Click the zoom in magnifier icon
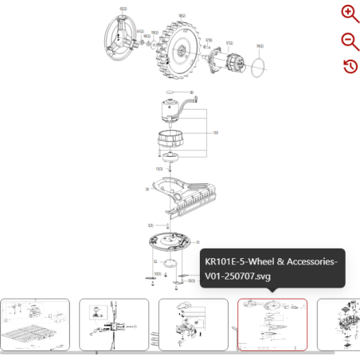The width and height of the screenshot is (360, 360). click(350, 14)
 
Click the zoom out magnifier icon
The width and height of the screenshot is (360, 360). click(350, 41)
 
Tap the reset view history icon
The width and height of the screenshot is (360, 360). click(350, 66)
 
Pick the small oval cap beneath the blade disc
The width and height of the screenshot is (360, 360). click(168, 264)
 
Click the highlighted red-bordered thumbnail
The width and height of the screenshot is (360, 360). click(272, 324)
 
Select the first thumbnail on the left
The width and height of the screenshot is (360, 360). click(35, 324)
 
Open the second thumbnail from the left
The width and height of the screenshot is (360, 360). click(114, 324)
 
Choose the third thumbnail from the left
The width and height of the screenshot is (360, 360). click(193, 324)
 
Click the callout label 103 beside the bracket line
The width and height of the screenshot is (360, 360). click(216, 132)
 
